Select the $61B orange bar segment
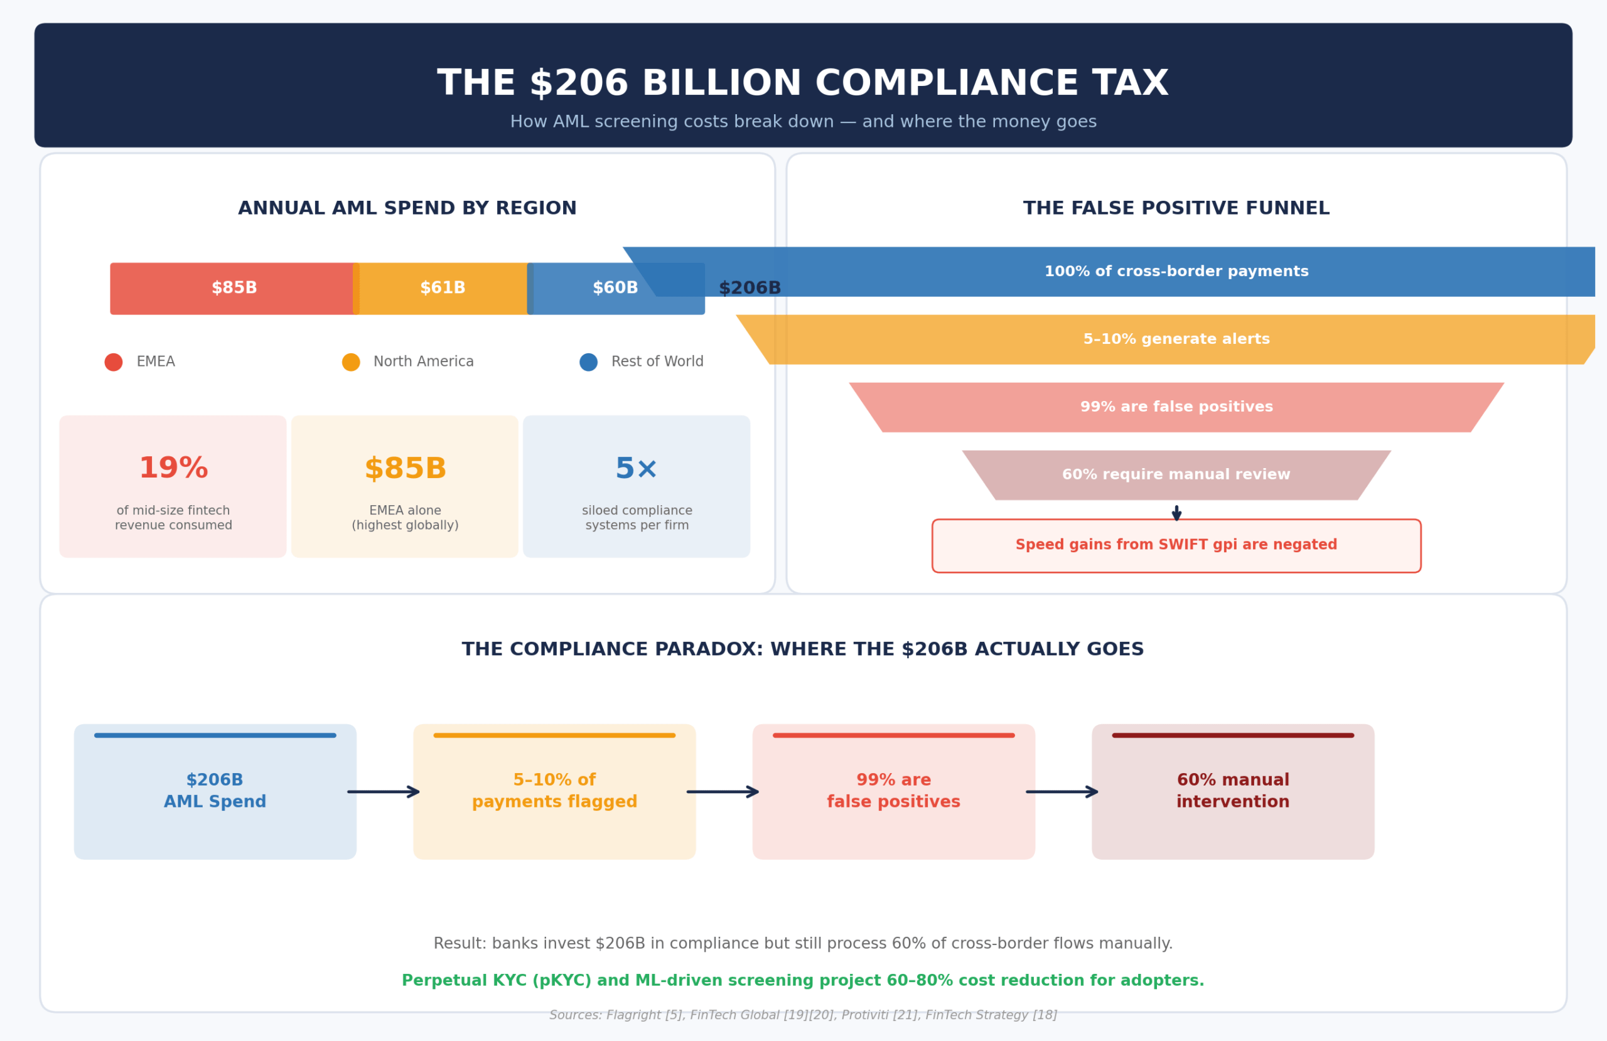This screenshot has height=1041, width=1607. point(443,288)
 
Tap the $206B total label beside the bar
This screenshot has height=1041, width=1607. point(750,289)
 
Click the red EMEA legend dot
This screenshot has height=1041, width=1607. point(114,362)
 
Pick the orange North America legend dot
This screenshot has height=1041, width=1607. point(351,362)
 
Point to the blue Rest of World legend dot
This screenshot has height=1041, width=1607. point(588,362)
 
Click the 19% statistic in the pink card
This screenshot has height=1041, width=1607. point(173,469)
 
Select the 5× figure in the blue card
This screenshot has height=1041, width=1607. point(636,469)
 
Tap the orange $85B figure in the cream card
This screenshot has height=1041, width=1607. point(405,469)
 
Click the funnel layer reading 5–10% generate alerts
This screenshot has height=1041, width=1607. point(1176,339)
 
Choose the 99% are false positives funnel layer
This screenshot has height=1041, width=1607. point(1176,407)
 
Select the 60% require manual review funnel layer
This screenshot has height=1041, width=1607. point(1176,474)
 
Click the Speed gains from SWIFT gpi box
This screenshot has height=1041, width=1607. point(1176,545)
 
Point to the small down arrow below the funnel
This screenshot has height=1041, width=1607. point(1176,513)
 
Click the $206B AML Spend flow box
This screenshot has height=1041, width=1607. point(215,791)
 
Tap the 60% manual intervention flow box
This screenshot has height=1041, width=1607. point(1233,791)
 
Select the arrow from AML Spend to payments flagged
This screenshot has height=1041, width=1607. point(384,792)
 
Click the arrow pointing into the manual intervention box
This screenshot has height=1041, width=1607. point(1063,792)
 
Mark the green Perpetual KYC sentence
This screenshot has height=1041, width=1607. point(803,980)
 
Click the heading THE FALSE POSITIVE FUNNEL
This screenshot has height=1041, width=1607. point(1176,208)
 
